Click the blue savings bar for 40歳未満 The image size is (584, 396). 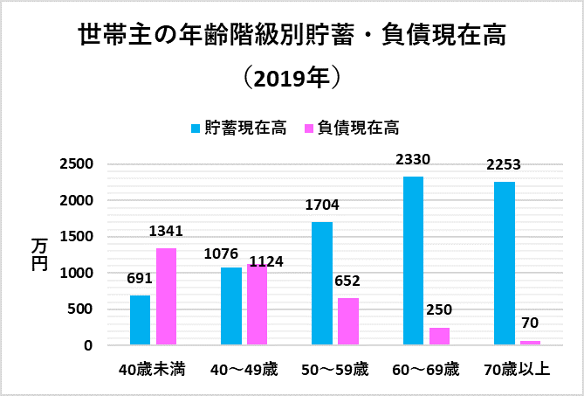tap(141, 320)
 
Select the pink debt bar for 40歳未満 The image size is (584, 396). tap(166, 296)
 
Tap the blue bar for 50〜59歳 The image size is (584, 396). tap(322, 283)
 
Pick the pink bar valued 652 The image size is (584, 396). tap(347, 322)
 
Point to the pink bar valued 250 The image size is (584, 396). tap(438, 336)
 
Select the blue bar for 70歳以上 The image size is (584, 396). tap(504, 263)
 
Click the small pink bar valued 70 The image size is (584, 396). tap(529, 343)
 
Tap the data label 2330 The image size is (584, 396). tap(414, 160)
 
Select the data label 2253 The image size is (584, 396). tap(504, 166)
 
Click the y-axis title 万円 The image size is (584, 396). tap(38, 254)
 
